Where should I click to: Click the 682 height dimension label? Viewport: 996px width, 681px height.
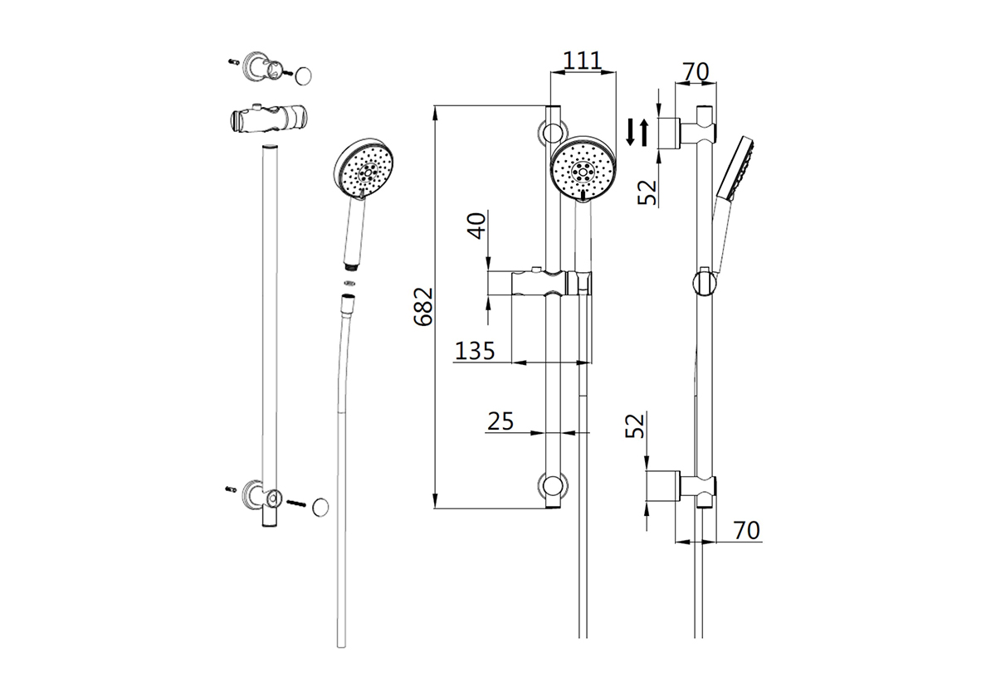423,307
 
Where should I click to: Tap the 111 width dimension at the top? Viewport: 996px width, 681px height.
583,61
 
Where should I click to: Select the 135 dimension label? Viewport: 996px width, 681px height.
475,351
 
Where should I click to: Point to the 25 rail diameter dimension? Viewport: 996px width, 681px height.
500,421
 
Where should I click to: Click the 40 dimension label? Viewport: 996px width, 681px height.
477,226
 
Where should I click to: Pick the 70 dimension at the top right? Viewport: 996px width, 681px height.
696,72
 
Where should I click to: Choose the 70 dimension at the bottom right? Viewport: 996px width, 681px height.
746,530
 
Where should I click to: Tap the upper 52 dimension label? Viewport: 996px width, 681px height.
647,192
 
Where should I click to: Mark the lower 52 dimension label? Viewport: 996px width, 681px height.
635,426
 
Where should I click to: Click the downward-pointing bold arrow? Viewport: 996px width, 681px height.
630,132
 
